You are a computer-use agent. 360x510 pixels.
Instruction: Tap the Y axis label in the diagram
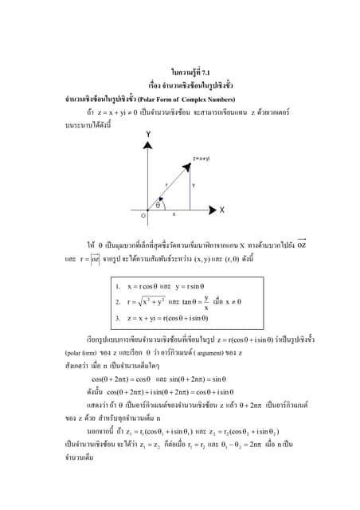149,133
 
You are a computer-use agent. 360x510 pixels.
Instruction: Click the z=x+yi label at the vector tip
201,159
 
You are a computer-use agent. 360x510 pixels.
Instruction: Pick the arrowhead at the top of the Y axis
148,143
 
